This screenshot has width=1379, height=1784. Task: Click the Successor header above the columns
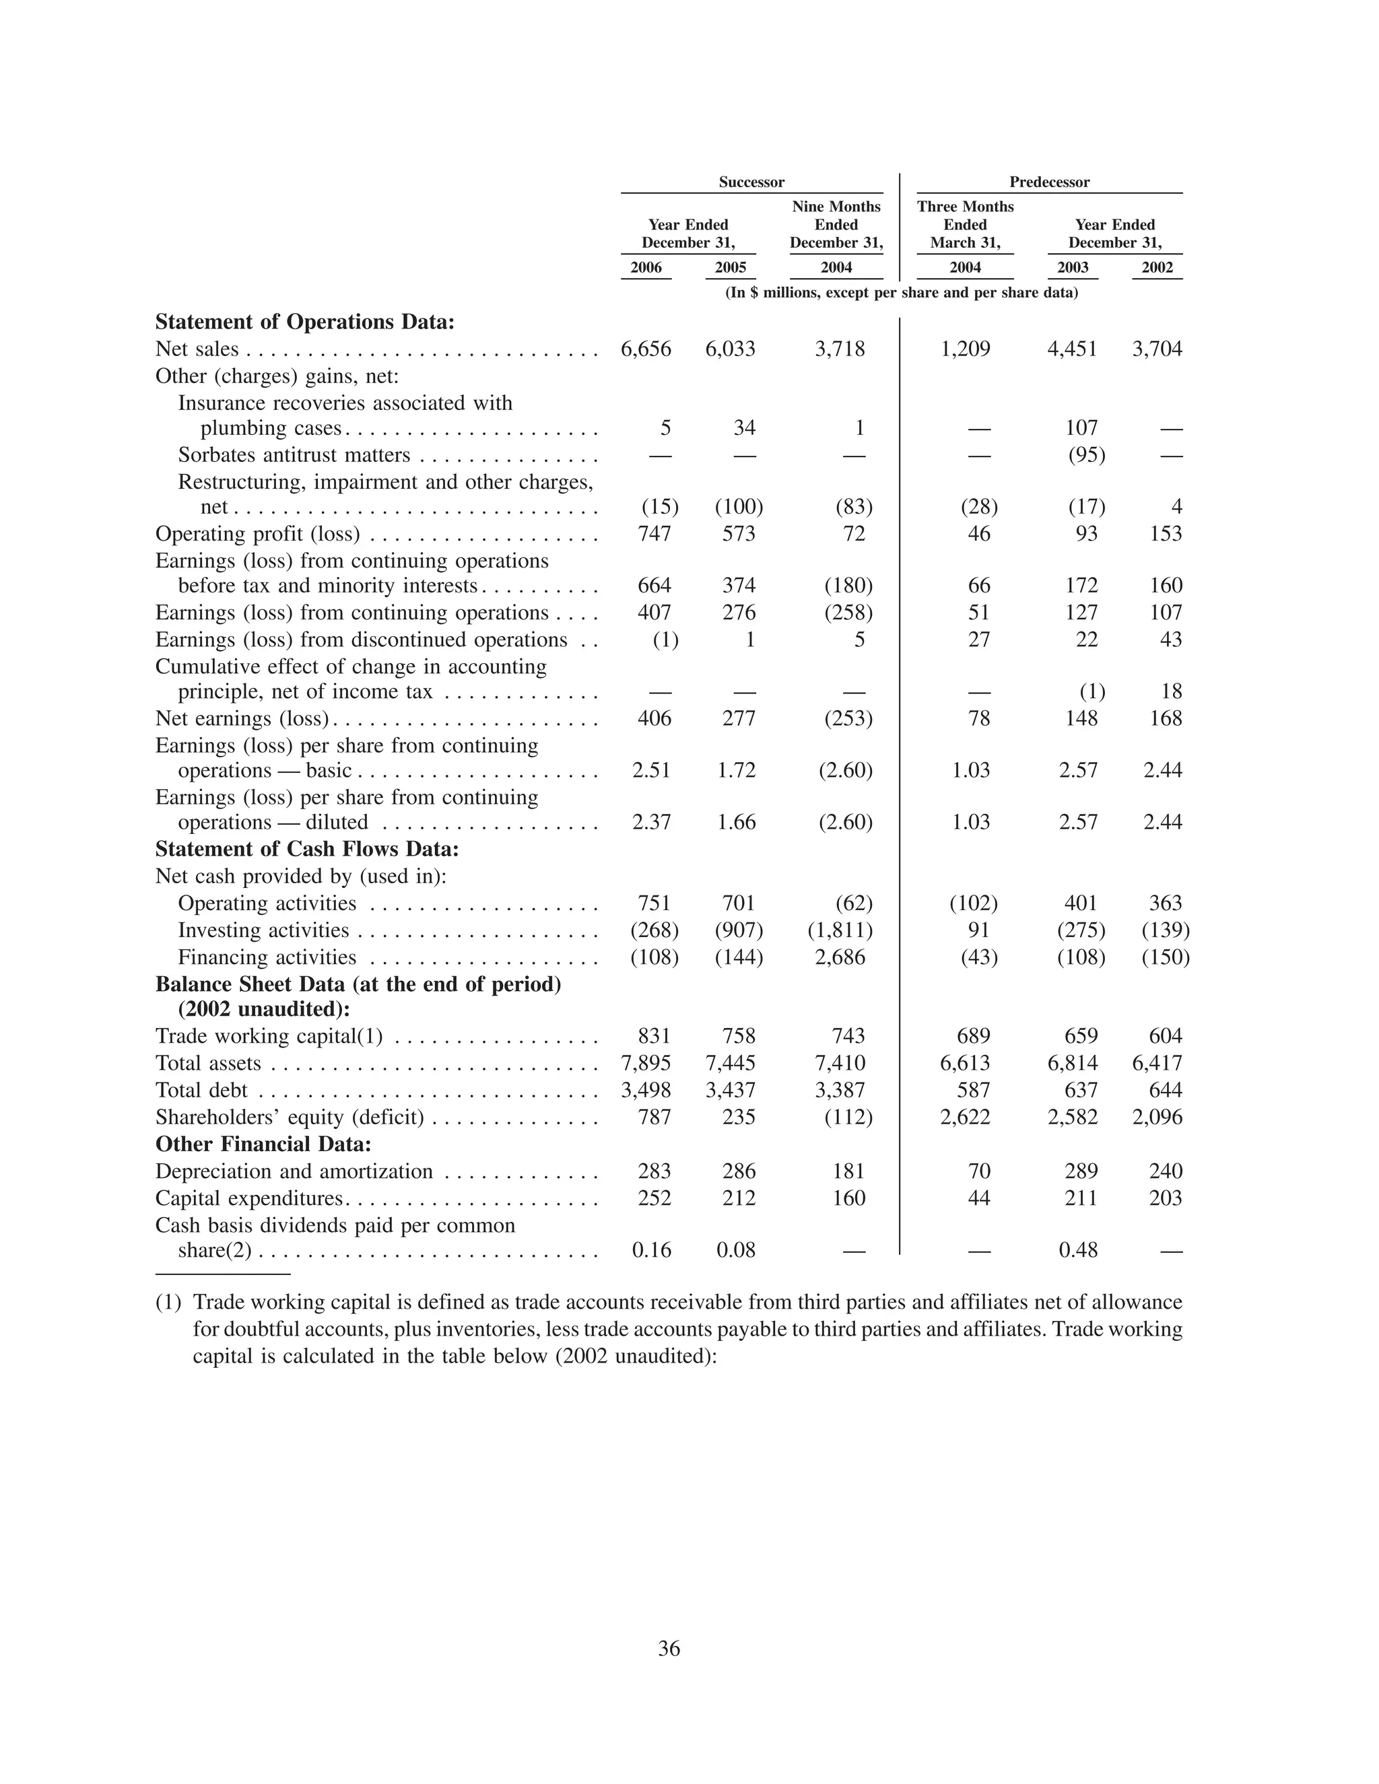pyautogui.click(x=751, y=182)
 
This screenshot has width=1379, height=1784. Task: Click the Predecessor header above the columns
pyautogui.click(x=1049, y=182)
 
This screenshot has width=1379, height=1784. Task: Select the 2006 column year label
pyautogui.click(x=646, y=268)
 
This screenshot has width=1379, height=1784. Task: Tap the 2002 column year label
pyautogui.click(x=1157, y=268)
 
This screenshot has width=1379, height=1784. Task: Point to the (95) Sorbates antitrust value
pyautogui.click(x=1087, y=455)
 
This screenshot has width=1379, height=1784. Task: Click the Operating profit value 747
pyautogui.click(x=654, y=535)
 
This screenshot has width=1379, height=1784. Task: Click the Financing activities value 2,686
pyautogui.click(x=840, y=957)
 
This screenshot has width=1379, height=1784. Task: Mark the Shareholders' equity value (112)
pyautogui.click(x=848, y=1118)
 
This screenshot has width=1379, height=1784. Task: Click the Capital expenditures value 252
pyautogui.click(x=654, y=1198)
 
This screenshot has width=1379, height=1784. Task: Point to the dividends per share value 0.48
pyautogui.click(x=1079, y=1251)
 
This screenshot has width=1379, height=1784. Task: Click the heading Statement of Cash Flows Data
pyautogui.click(x=307, y=850)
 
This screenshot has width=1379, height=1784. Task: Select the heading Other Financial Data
pyautogui.click(x=263, y=1144)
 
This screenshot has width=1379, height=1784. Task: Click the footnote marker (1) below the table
pyautogui.click(x=168, y=1302)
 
